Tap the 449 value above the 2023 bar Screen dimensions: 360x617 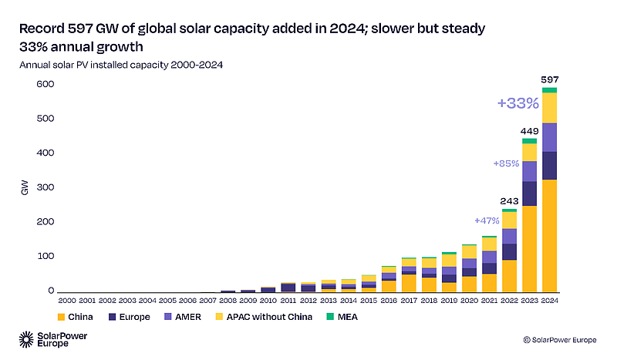pyautogui.click(x=529, y=130)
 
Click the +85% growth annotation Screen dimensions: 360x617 pyautogui.click(x=506, y=163)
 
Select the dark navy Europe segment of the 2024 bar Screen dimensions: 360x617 pyautogui.click(x=549, y=165)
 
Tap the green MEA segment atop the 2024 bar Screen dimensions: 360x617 pyautogui.click(x=549, y=90)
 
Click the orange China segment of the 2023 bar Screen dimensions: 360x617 pyautogui.click(x=529, y=248)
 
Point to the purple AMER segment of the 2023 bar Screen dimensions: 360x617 pyautogui.click(x=529, y=171)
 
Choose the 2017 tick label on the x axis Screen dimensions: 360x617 pyautogui.click(x=409, y=301)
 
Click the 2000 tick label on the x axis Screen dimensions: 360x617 pyautogui.click(x=68, y=301)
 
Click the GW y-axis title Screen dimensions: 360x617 pyautogui.click(x=25, y=187)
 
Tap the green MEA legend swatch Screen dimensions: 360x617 pyautogui.click(x=330, y=317)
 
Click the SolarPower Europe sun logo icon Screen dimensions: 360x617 pyautogui.click(x=27, y=339)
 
